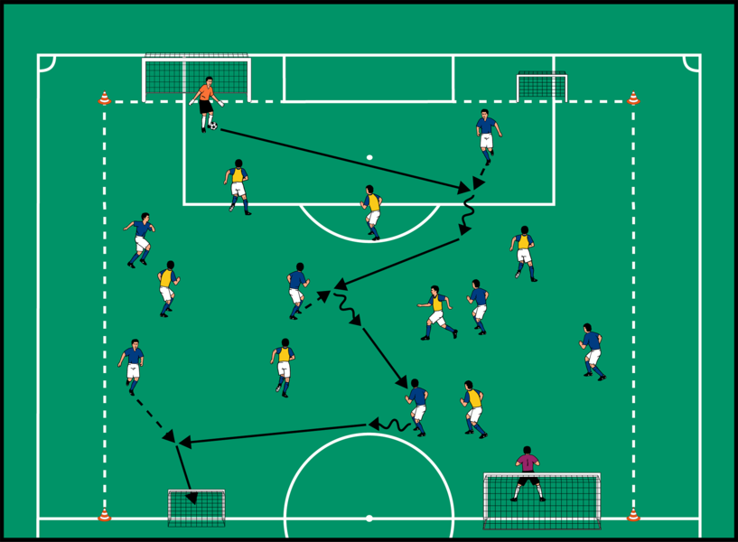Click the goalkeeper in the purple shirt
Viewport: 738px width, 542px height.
527,472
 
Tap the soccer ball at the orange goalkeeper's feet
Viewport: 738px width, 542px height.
213,126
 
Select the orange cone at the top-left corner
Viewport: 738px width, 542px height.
104,98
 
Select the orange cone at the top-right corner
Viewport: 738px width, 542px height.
633,98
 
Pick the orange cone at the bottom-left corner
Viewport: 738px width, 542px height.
104,514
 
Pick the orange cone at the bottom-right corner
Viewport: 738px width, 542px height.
633,514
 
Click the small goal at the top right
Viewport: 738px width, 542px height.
541,86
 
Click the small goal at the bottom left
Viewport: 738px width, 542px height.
196,507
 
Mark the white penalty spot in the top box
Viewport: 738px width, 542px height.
369,157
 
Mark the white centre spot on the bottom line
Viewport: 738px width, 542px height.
369,519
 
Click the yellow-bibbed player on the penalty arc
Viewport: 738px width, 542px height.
372,211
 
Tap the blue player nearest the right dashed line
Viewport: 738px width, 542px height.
592,350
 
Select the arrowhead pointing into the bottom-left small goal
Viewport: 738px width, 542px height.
191,497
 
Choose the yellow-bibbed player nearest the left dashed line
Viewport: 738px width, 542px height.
167,287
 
